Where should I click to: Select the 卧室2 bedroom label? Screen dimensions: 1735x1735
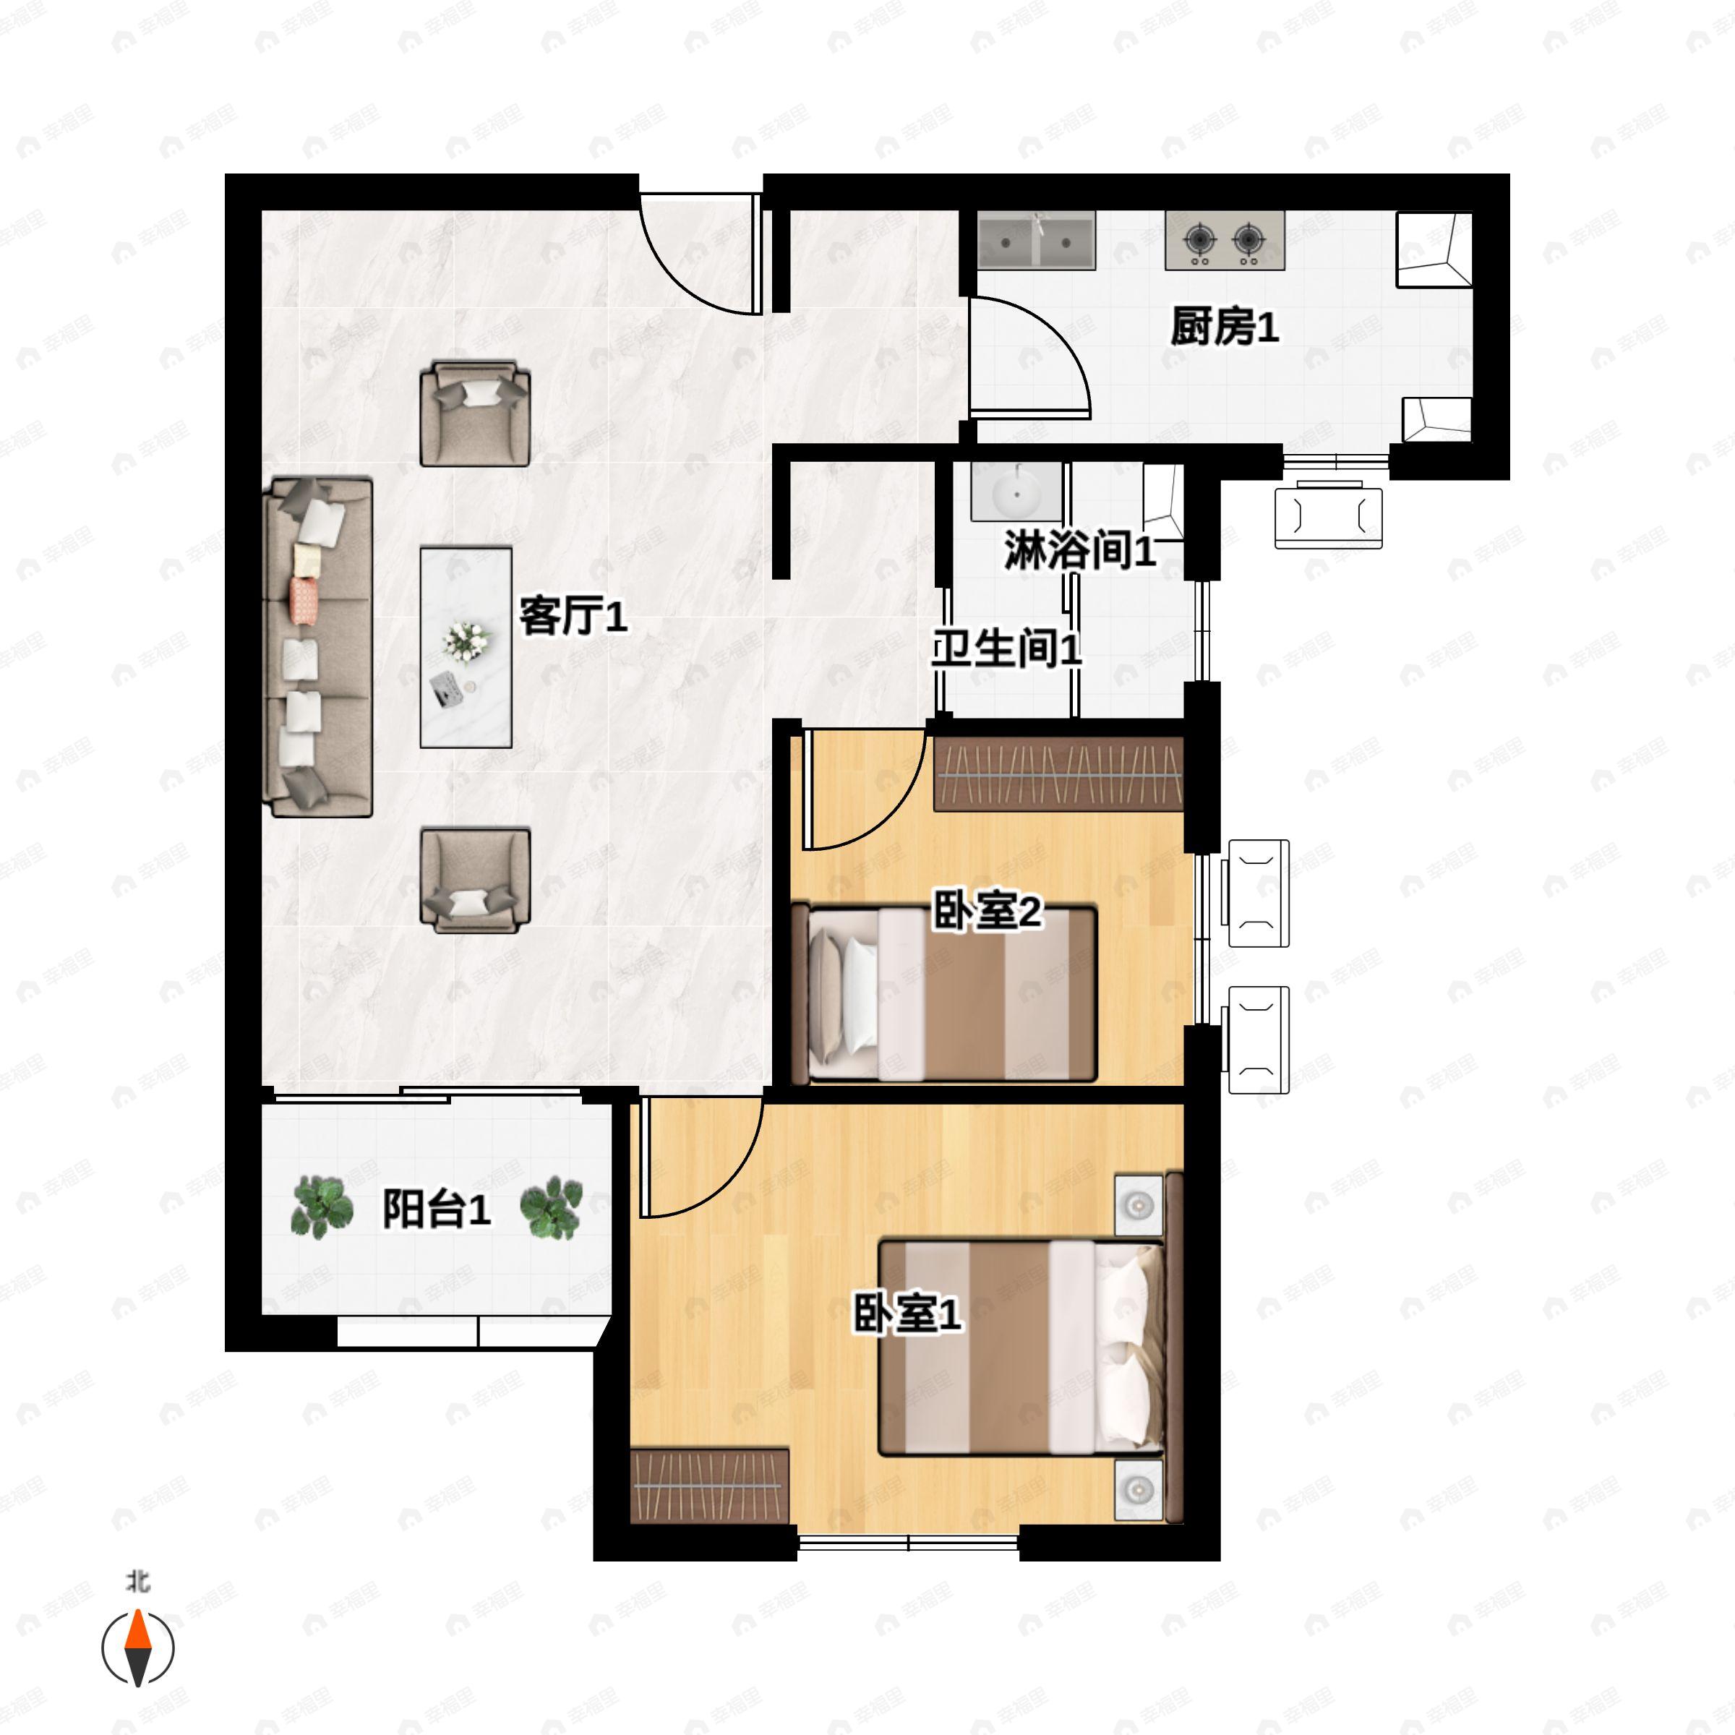click(987, 912)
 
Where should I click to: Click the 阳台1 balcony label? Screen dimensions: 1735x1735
click(437, 1209)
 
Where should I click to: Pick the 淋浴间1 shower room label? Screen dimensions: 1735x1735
click(1079, 550)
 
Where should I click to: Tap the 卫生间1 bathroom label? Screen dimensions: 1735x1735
click(1006, 648)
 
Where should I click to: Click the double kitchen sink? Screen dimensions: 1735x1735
click(1037, 241)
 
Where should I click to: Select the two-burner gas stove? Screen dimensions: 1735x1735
click(1225, 241)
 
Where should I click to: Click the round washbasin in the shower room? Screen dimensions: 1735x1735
click(1016, 492)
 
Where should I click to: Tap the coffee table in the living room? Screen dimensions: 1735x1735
click(466, 648)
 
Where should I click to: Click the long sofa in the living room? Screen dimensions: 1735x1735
click(318, 648)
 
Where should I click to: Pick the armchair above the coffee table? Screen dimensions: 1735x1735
click(475, 414)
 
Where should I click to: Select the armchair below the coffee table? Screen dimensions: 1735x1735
click(475, 880)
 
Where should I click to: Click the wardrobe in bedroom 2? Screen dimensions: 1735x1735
click(1059, 774)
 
